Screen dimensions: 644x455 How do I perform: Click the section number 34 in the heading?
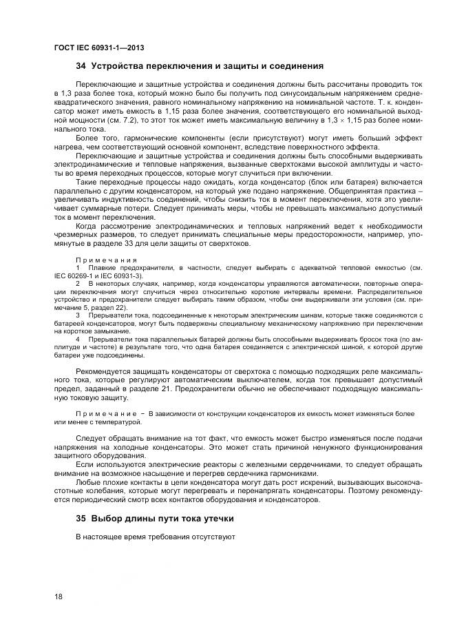81,67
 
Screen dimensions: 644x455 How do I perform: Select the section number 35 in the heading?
81,517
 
